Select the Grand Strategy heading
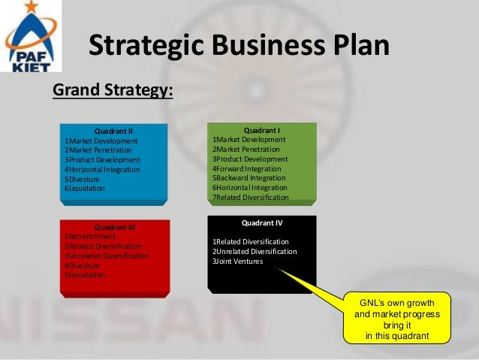113,91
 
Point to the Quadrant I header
262,130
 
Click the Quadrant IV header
262,223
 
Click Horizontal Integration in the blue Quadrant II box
102,170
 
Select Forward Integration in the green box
247,168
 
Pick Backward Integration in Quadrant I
249,178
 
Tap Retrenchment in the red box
90,237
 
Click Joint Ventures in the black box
238,262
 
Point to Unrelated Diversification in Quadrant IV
255,252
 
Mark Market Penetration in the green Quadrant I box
246,150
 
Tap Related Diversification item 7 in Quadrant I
250,197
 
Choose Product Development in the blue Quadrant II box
102,160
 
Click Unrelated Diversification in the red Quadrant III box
107,256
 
